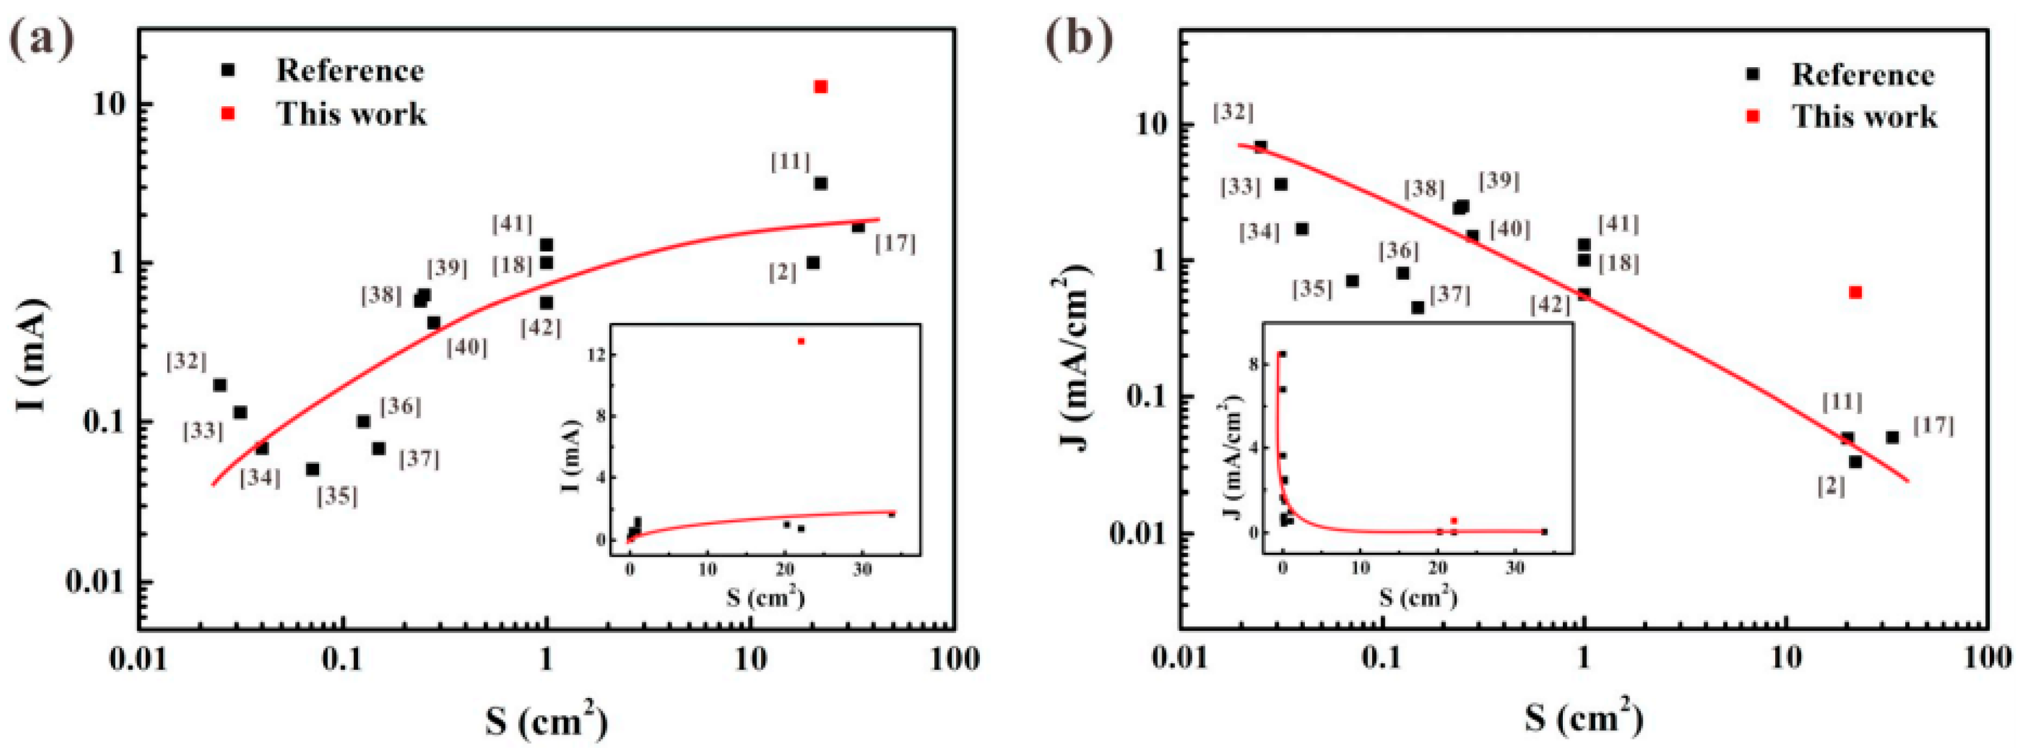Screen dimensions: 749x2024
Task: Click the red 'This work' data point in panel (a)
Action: pyautogui.click(x=820, y=86)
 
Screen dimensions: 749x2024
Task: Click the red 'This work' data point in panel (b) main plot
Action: pyautogui.click(x=1855, y=292)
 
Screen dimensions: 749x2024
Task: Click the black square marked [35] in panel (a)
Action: pyautogui.click(x=312, y=469)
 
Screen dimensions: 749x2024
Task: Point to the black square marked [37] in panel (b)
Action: pyautogui.click(x=1418, y=307)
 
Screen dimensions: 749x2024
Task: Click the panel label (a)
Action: pyautogui.click(x=41, y=41)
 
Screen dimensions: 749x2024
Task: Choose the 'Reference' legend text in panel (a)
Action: pyautogui.click(x=350, y=71)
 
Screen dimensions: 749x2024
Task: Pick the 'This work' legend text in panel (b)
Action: pyautogui.click(x=1864, y=117)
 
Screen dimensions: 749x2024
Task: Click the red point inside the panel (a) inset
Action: pyautogui.click(x=801, y=341)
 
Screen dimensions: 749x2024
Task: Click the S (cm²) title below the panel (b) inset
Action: pyautogui.click(x=1418, y=598)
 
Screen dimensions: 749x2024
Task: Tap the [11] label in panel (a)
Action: pyautogui.click(x=790, y=163)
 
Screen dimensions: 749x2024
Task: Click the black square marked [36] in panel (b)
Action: pyautogui.click(x=1403, y=272)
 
